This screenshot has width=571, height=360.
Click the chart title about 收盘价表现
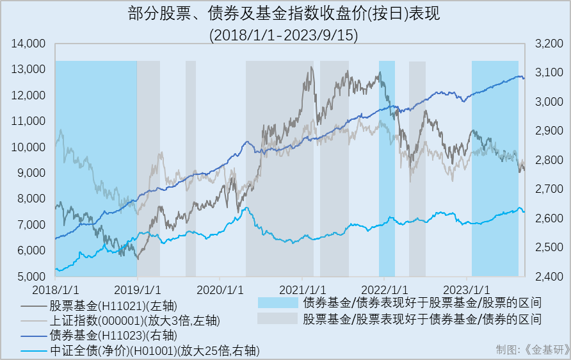coord(285,14)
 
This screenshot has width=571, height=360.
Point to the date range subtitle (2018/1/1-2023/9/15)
coord(285,34)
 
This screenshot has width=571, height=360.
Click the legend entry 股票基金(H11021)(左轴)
coord(112,306)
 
